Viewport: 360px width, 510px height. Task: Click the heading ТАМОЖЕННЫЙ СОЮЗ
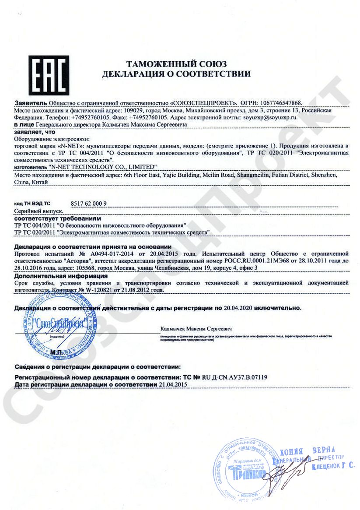coord(176,65)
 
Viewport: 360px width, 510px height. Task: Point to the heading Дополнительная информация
coord(61,277)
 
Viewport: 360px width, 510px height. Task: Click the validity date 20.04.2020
coord(238,308)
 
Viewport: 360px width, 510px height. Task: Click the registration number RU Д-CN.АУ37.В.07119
coord(235,377)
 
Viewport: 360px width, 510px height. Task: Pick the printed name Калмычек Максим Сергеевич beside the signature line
coord(196,328)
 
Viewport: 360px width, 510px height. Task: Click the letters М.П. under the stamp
coord(57,352)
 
